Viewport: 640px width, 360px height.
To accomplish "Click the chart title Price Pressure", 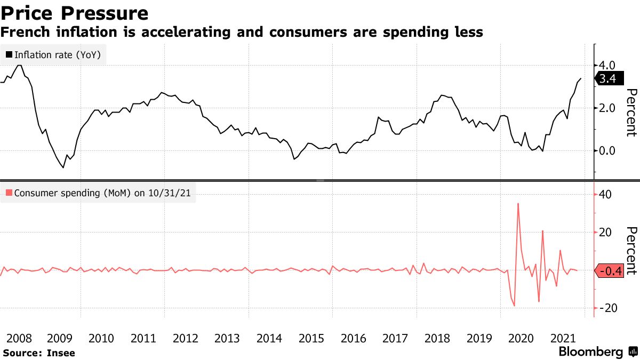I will coord(74,13).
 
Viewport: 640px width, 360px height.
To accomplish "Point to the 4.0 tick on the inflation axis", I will coord(607,65).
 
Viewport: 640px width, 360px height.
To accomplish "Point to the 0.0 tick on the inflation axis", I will coord(607,151).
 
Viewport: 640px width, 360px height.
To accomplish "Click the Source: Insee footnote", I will coord(39,353).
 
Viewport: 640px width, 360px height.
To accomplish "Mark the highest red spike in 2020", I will coord(518,203).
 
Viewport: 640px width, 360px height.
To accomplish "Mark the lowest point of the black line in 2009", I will coord(63,167).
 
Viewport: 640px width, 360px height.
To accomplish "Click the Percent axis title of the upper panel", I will coord(631,113).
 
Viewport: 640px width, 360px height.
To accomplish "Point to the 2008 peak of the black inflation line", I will coord(20,65).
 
